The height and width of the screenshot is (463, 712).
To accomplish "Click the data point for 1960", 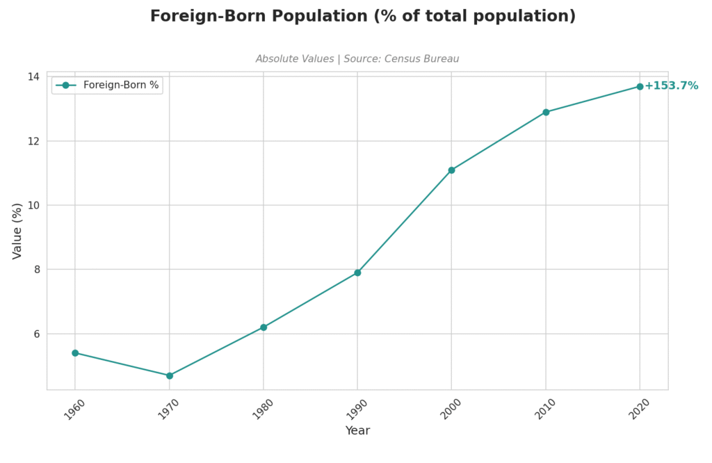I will (75, 353).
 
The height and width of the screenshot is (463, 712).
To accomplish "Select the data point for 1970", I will (169, 375).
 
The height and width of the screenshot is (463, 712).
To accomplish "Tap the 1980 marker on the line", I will (264, 327).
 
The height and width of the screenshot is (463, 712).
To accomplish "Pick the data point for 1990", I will (357, 273).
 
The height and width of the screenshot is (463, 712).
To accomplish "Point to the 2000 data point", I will (451, 170).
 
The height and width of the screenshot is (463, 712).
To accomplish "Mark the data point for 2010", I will (546, 112).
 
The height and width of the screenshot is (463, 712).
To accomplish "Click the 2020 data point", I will (640, 86).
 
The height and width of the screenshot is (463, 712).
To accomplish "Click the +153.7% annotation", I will (671, 86).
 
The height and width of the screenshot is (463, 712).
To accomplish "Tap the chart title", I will (363, 16).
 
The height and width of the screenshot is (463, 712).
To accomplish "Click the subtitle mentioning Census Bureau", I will (357, 59).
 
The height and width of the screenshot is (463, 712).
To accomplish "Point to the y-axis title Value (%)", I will (18, 231).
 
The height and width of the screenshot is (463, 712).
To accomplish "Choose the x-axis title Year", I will (357, 431).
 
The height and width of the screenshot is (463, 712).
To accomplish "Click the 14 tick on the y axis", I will (33, 76).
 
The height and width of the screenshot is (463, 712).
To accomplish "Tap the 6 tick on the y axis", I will (36, 334).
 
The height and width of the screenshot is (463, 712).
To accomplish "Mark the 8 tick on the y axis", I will (36, 270).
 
